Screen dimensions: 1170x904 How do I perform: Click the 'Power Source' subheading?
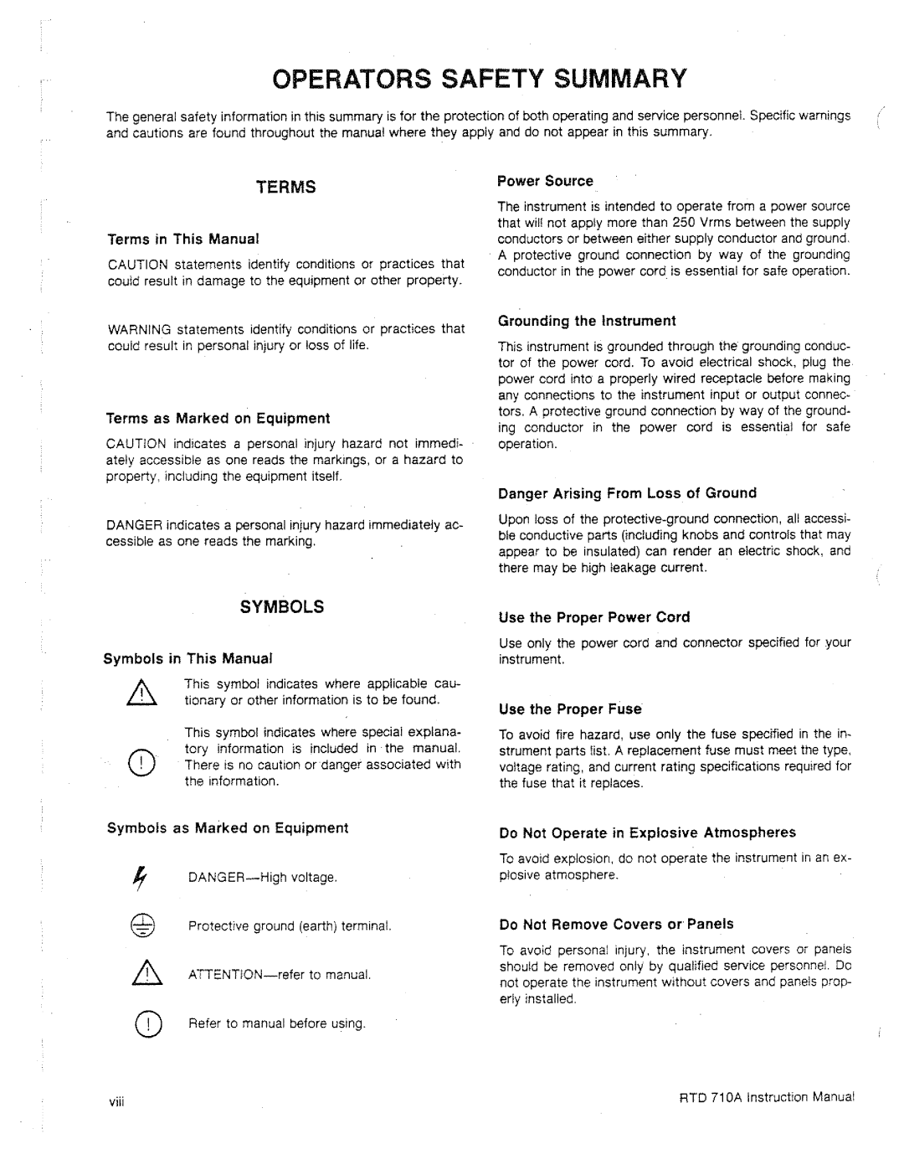tap(545, 181)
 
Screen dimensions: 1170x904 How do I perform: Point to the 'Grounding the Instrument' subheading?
tap(586, 321)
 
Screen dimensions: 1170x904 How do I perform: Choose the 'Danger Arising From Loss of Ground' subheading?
tap(627, 493)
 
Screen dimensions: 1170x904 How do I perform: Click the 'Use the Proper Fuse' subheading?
tap(570, 709)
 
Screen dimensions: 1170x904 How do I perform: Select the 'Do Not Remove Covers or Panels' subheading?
tap(616, 924)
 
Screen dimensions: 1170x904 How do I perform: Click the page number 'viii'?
tap(116, 1099)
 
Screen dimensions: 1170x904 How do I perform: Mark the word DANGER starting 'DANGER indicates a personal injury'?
tap(134, 525)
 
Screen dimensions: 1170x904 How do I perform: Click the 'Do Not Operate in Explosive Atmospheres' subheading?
tap(647, 832)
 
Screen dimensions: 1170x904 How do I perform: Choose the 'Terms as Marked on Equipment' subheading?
tap(218, 418)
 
